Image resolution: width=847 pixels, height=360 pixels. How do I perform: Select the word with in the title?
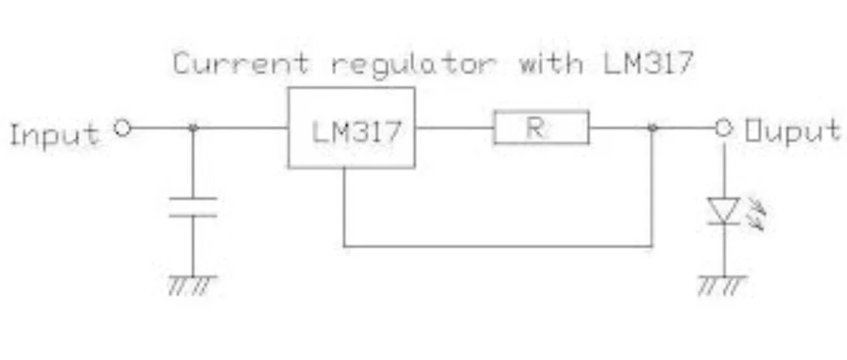[551, 64]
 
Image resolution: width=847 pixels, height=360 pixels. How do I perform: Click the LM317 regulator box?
[352, 128]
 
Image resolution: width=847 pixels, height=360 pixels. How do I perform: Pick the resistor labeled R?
[541, 127]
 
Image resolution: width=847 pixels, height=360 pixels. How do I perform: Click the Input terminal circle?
[122, 128]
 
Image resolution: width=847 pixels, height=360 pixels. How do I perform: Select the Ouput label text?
[793, 131]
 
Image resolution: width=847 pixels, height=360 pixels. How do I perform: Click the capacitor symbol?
[193, 206]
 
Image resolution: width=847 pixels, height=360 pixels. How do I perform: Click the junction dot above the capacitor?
[193, 128]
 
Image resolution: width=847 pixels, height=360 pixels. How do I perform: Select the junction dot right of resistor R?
[652, 128]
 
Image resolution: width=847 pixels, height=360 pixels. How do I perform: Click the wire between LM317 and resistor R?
[454, 128]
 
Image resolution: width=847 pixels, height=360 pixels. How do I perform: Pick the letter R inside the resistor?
[534, 128]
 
